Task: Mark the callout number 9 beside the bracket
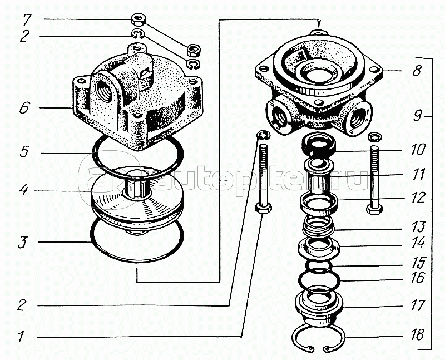coord(418,116)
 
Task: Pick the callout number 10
coord(417,150)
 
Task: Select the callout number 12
coord(418,198)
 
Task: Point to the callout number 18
coord(418,335)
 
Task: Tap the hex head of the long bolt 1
coord(263,210)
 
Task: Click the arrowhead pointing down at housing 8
coord(319,26)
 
